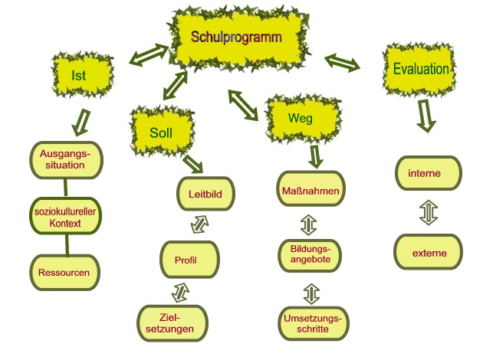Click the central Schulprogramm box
[237, 38]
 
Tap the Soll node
[161, 132]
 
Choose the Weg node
[301, 119]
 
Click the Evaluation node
[420, 69]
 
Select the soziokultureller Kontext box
[68, 217]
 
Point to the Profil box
[192, 260]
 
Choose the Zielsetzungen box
[172, 323]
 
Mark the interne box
[429, 174]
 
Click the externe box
[429, 252]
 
